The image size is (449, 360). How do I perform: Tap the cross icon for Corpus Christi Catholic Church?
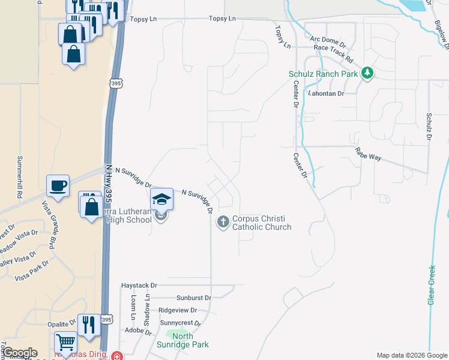[223, 223]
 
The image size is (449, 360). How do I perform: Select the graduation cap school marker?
[161, 199]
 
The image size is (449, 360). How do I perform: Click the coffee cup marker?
[58, 185]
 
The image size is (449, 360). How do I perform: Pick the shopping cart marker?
[66, 343]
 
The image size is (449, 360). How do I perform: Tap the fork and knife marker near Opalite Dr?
[89, 325]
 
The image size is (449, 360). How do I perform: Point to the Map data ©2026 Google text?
[411, 355]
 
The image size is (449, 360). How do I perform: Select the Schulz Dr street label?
[429, 127]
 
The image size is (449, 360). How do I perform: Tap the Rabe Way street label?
[368, 153]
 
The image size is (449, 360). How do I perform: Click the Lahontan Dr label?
[326, 94]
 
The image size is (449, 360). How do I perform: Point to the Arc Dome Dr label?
[329, 42]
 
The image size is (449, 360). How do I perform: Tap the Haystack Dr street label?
[139, 285]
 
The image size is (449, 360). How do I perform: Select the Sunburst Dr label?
[194, 298]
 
